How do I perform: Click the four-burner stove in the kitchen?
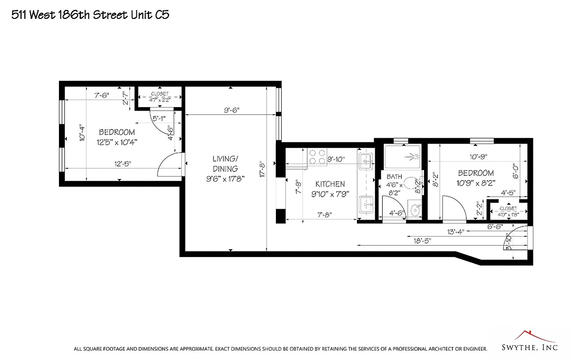(317, 157)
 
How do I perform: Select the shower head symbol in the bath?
(412, 157)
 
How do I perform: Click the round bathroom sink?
(415, 209)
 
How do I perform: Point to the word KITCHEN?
(330, 184)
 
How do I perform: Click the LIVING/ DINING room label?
(225, 164)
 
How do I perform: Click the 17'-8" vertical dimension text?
(262, 170)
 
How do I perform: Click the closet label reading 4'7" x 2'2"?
(159, 97)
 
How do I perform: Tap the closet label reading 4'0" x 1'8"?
(508, 211)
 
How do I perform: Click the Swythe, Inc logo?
(529, 342)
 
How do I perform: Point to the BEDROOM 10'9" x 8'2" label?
(476, 178)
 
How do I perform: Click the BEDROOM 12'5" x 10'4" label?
(117, 137)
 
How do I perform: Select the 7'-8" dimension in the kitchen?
(322, 215)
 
